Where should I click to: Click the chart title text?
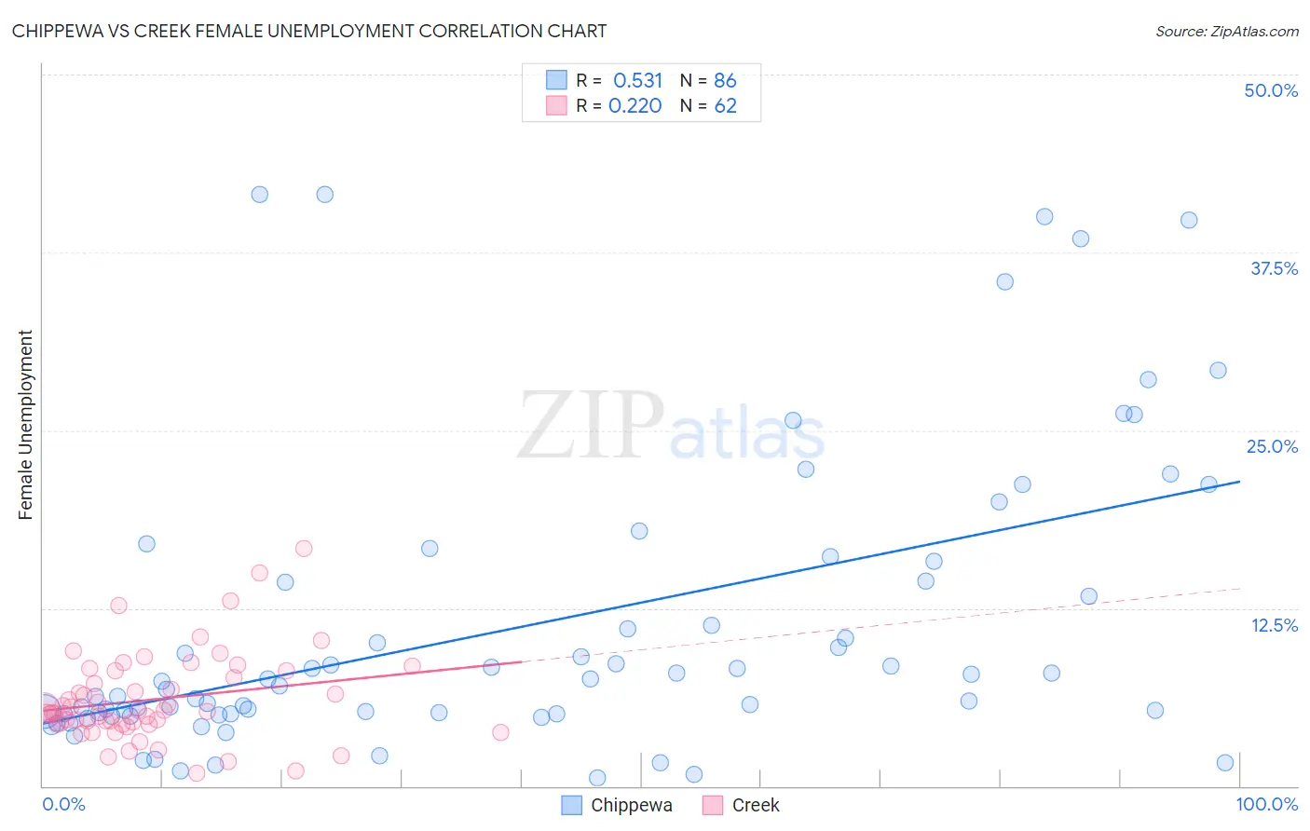pyautogui.click(x=308, y=32)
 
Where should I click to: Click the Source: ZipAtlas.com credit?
pyautogui.click(x=1226, y=32)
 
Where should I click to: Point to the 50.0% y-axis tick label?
pyautogui.click(x=1271, y=90)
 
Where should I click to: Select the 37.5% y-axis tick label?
pyautogui.click(x=1274, y=268)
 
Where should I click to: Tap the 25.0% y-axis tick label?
pyautogui.click(x=1272, y=446)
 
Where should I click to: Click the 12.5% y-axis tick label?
pyautogui.click(x=1274, y=625)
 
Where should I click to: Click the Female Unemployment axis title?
pyautogui.click(x=25, y=425)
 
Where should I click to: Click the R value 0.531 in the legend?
pyautogui.click(x=637, y=81)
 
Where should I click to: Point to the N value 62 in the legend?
pyautogui.click(x=725, y=106)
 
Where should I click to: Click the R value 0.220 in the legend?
pyautogui.click(x=635, y=106)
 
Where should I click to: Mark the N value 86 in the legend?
pyautogui.click(x=725, y=81)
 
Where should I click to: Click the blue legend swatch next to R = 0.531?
pyautogui.click(x=556, y=80)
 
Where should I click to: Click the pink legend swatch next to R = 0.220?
pyautogui.click(x=556, y=105)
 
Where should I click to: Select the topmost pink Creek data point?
pyautogui.click(x=304, y=549)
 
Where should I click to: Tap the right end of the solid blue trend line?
pyautogui.click(x=1240, y=482)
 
